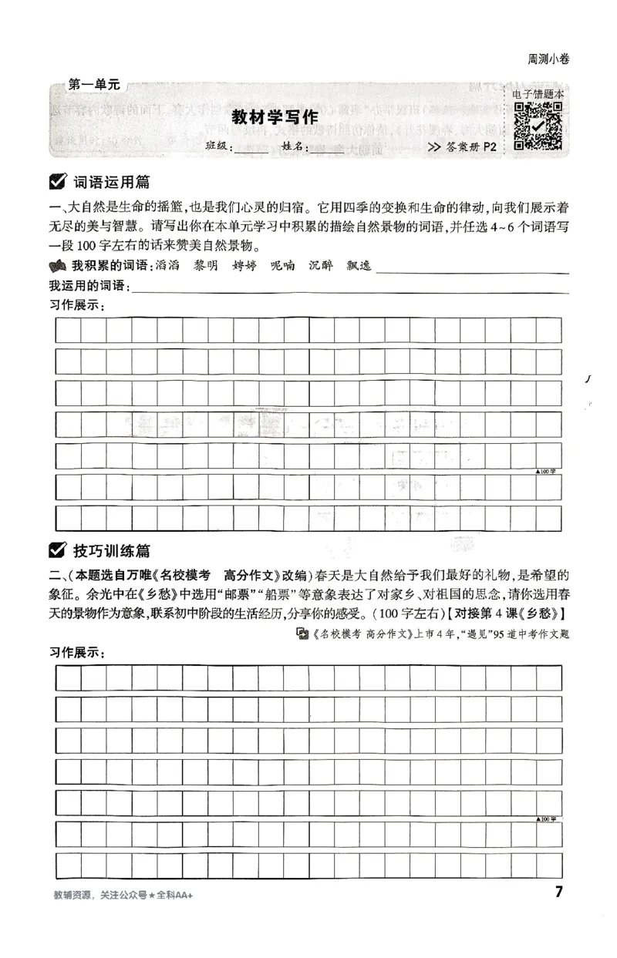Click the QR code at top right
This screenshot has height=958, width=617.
[538, 126]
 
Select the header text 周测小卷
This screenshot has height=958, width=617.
[548, 59]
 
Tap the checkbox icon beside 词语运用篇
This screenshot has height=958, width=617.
[57, 183]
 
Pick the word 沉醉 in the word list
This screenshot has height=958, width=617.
[321, 266]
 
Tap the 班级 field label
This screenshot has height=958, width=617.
[217, 148]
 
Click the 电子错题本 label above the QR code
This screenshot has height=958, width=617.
[538, 94]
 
